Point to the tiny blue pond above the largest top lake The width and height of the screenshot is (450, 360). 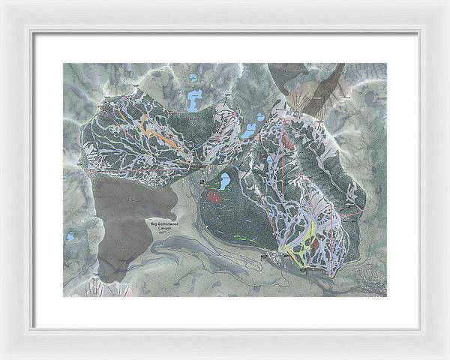click(193, 77)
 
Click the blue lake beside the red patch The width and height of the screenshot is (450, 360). click(223, 181)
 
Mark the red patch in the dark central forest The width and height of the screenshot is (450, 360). click(214, 197)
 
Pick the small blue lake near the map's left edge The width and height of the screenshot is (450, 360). click(70, 236)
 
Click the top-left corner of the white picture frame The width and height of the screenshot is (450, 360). click(3, 3)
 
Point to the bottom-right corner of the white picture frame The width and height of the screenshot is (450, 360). click(446, 356)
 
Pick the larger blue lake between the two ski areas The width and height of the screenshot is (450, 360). click(248, 131)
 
